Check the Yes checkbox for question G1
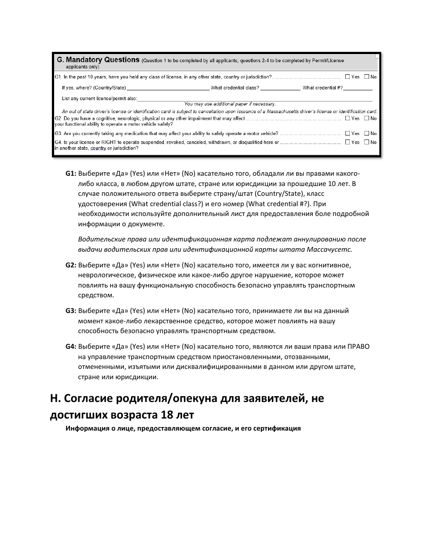coord(347,77)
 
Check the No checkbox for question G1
coord(366,77)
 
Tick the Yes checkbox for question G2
coord(347,118)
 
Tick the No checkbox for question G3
coord(366,133)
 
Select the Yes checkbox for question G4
coord(347,142)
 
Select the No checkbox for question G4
coord(366,142)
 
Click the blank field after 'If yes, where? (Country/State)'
coord(168,88)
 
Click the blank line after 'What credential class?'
coord(280,88)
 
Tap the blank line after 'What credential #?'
coord(357,88)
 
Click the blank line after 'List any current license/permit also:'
coord(255,98)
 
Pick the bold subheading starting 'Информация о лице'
coord(183,428)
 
